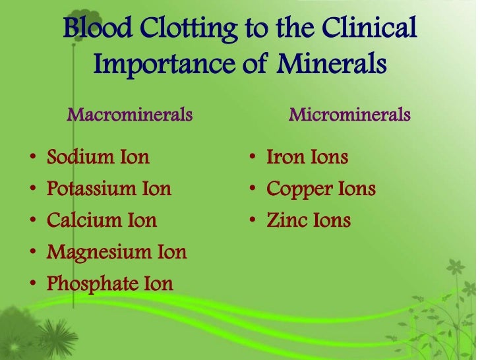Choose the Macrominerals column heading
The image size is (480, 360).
click(130, 115)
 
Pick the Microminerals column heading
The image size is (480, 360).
click(349, 115)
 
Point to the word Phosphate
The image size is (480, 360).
click(90, 284)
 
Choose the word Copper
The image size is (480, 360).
click(296, 189)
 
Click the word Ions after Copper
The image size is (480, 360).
click(354, 189)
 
